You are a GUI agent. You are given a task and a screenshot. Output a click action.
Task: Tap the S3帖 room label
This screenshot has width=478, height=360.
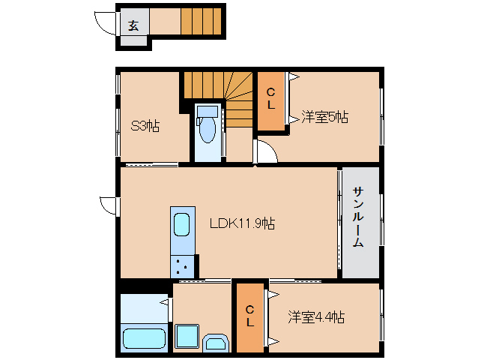(x=145, y=125)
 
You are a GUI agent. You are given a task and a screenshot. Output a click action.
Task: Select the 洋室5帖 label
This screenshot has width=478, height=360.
(x=324, y=117)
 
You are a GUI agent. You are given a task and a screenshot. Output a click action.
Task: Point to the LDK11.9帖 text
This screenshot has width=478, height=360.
(x=241, y=223)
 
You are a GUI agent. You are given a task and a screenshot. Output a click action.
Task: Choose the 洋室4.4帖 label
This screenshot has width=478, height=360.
(x=315, y=317)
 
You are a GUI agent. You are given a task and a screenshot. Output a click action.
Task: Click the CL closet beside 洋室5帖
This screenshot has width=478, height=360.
(x=270, y=100)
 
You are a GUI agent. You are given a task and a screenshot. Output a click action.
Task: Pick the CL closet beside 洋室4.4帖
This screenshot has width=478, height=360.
(x=249, y=316)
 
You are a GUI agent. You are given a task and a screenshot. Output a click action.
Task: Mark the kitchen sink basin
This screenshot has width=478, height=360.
(x=182, y=226)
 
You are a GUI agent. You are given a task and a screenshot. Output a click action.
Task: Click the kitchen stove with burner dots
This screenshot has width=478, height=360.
(x=182, y=265)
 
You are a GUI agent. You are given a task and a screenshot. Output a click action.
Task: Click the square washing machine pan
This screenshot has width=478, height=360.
(x=187, y=337)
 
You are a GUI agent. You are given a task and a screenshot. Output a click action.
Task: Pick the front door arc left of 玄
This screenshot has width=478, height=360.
(x=106, y=22)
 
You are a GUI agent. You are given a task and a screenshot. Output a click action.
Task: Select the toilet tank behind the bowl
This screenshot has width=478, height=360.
(x=207, y=112)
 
